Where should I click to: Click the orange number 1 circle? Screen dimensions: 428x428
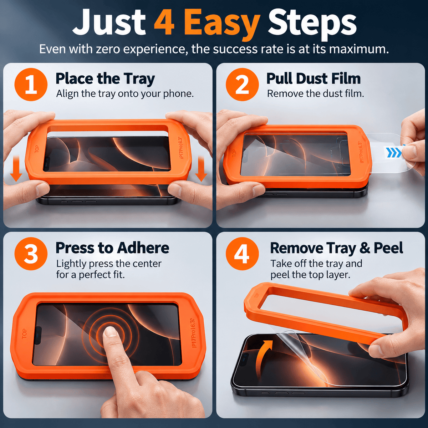point(31,85)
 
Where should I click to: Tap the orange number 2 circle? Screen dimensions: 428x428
point(242,85)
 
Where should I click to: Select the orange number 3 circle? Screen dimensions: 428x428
point(31,254)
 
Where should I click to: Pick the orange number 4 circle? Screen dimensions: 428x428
point(242,254)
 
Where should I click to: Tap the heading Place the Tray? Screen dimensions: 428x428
point(105,79)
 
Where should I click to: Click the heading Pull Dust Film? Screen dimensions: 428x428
point(314,78)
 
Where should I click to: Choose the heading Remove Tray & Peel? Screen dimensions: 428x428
point(336,248)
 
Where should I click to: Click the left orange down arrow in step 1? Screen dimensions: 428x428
point(16,168)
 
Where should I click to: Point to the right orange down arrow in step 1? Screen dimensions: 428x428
point(201,168)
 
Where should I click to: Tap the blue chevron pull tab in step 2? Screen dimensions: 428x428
point(394,152)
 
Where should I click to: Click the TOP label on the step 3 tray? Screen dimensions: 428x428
point(24,334)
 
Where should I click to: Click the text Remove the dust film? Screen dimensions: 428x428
point(315,94)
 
